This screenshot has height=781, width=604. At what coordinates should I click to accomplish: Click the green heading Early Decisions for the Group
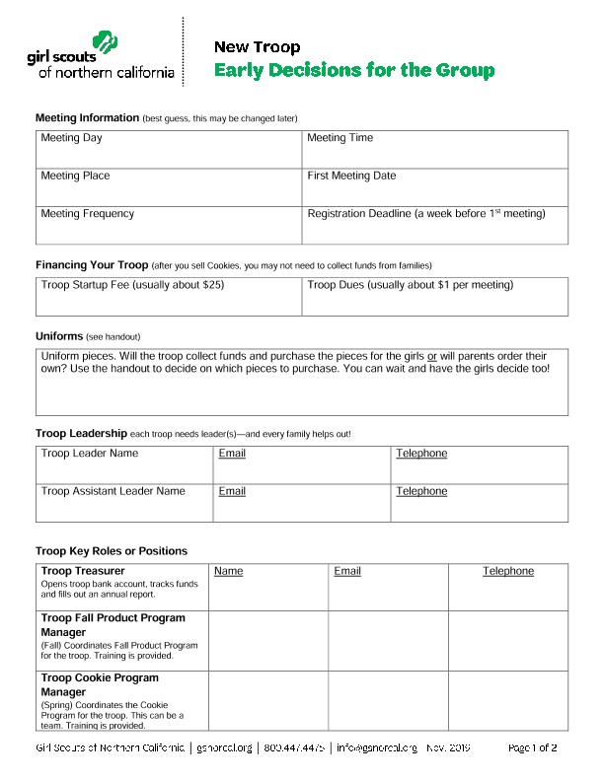[x=354, y=71]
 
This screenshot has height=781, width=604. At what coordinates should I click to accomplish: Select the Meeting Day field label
[x=71, y=138]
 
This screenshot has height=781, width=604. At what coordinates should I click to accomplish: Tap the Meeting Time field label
[x=340, y=138]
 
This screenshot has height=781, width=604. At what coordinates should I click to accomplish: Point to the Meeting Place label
[x=75, y=176]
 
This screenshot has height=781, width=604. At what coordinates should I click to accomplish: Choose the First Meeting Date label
[x=351, y=176]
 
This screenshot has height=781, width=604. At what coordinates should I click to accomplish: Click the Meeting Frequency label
[x=87, y=213]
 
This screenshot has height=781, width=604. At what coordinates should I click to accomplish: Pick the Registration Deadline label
[x=425, y=213]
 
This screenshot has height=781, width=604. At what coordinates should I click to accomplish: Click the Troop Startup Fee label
[x=132, y=285]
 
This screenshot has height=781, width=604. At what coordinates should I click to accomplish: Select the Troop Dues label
[x=410, y=285]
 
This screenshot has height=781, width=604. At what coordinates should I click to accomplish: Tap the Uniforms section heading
[x=59, y=336]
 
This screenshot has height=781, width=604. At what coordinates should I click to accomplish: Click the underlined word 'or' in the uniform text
[x=432, y=355]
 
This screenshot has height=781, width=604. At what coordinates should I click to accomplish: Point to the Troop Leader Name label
[x=90, y=454]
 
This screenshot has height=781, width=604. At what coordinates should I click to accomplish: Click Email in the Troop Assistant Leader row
[x=232, y=491]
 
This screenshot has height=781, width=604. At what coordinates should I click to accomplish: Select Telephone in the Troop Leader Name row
[x=421, y=454]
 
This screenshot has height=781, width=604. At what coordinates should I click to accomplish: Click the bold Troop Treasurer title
[x=83, y=571]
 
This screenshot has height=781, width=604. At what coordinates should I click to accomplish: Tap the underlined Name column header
[x=228, y=571]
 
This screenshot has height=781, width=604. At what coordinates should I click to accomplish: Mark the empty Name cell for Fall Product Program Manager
[x=267, y=640]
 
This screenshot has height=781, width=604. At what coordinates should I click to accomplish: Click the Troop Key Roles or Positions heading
[x=112, y=550]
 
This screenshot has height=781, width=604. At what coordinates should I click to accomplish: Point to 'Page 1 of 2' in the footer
[x=532, y=748]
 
